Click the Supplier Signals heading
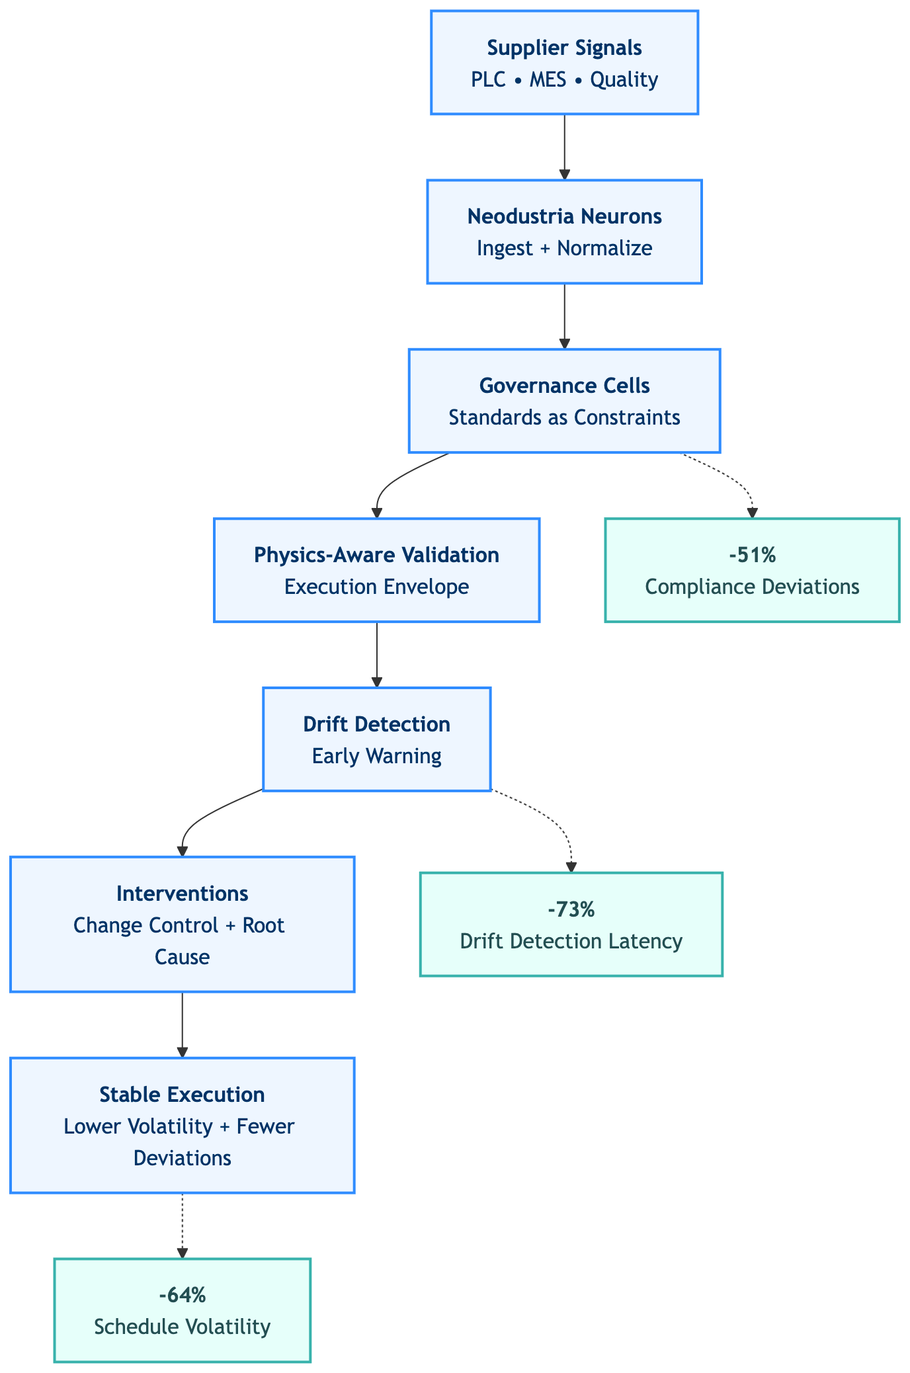point(564,48)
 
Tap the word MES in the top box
point(548,80)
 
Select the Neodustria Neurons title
point(564,216)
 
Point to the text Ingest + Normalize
point(564,249)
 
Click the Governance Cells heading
point(564,386)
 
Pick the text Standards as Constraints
point(564,418)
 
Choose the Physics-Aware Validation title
point(376,555)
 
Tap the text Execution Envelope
point(376,587)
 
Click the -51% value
point(752,555)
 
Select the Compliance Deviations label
point(752,587)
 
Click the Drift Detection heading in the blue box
point(376,724)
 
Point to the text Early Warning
point(376,756)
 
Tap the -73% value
point(571,909)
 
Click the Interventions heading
point(182,894)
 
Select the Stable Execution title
point(182,1095)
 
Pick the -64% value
point(182,1296)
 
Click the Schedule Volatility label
point(182,1327)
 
